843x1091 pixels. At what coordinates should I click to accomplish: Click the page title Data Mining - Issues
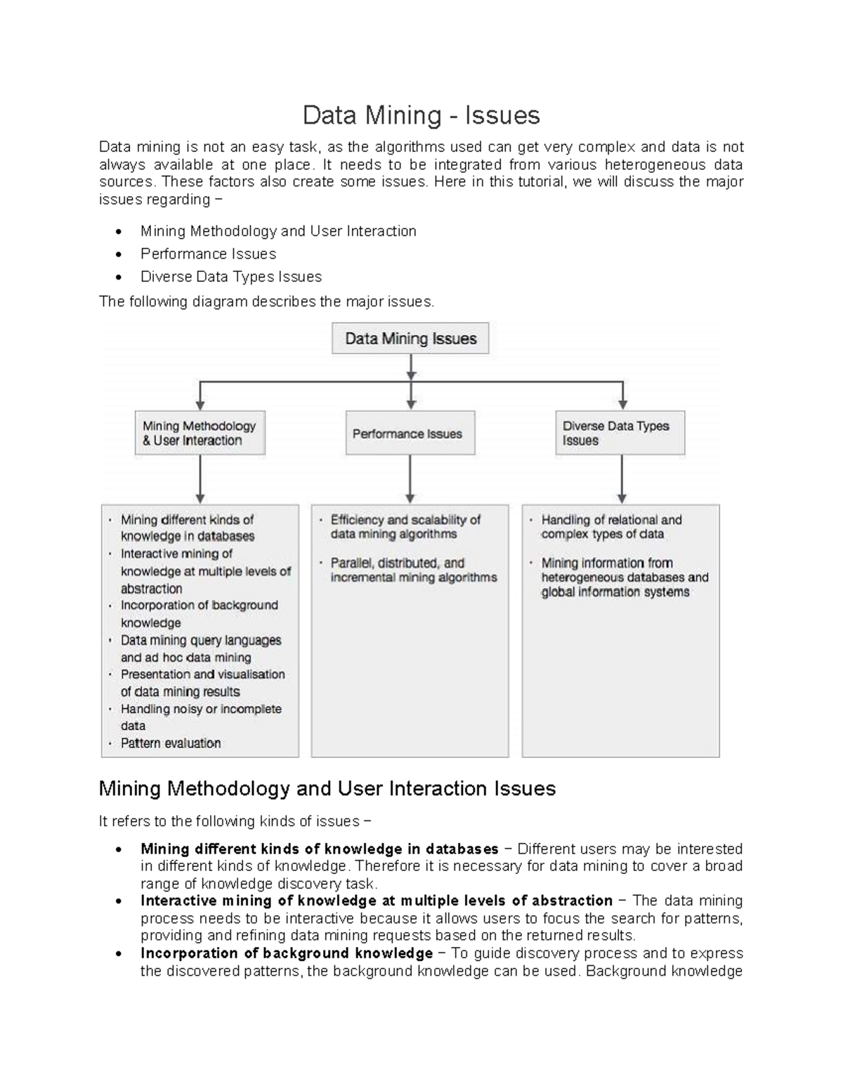(421, 115)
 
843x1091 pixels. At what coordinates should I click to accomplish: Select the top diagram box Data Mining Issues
(410, 339)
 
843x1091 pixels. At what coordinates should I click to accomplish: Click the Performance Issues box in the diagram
(410, 434)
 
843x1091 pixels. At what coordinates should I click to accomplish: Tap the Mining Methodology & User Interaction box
(200, 433)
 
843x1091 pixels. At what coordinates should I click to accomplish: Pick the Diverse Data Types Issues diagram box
(620, 433)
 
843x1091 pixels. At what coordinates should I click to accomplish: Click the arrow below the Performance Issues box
(410, 479)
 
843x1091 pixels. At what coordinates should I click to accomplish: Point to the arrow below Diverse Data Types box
(621, 479)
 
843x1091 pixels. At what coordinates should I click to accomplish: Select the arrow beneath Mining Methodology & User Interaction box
(200, 479)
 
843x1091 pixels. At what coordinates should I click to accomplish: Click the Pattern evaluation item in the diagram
(171, 743)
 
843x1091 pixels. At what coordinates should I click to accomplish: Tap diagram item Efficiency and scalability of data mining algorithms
(405, 527)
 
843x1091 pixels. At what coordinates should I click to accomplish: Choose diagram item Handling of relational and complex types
(610, 527)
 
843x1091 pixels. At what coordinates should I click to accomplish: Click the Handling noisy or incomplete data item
(200, 717)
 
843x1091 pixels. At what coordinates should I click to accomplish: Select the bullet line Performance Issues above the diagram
(208, 254)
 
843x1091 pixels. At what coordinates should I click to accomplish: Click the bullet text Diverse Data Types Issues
(231, 277)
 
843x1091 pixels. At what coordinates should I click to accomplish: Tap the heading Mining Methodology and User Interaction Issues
(327, 789)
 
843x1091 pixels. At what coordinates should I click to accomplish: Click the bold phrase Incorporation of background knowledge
(287, 953)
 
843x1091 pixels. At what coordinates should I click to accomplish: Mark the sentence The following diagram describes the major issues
(267, 302)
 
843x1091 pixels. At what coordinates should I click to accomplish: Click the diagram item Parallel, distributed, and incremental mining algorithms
(413, 570)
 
